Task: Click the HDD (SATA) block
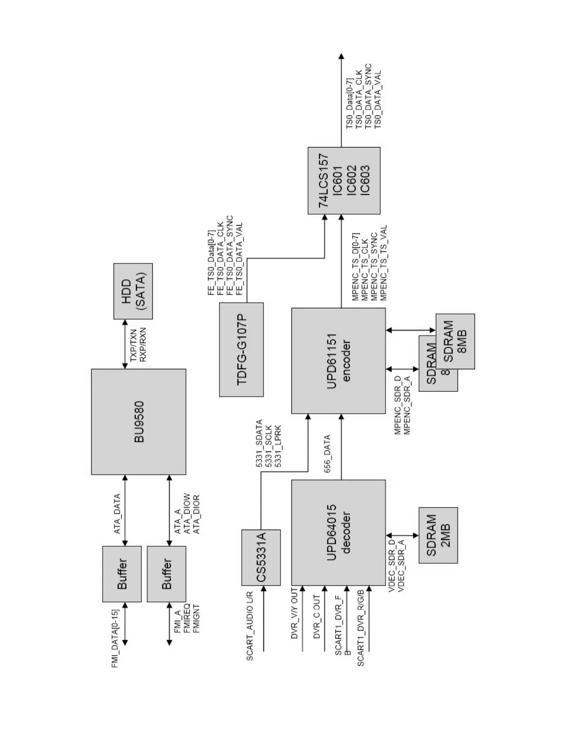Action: click(133, 291)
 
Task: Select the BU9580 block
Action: click(139, 421)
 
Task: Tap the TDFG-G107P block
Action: click(241, 349)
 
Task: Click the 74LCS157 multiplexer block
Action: click(344, 181)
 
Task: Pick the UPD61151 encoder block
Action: click(338, 361)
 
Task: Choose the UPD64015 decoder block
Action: click(338, 532)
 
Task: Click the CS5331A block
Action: click(261, 557)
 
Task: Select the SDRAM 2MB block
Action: click(438, 535)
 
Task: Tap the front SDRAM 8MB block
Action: click(455, 341)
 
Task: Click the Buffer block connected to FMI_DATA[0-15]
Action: click(122, 574)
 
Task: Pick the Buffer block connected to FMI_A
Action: click(167, 574)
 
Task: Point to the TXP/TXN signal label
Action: click(133, 346)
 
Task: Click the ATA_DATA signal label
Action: click(117, 514)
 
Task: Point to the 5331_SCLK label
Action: click(269, 447)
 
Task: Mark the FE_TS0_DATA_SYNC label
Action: click(230, 256)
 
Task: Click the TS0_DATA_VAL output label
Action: click(377, 100)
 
